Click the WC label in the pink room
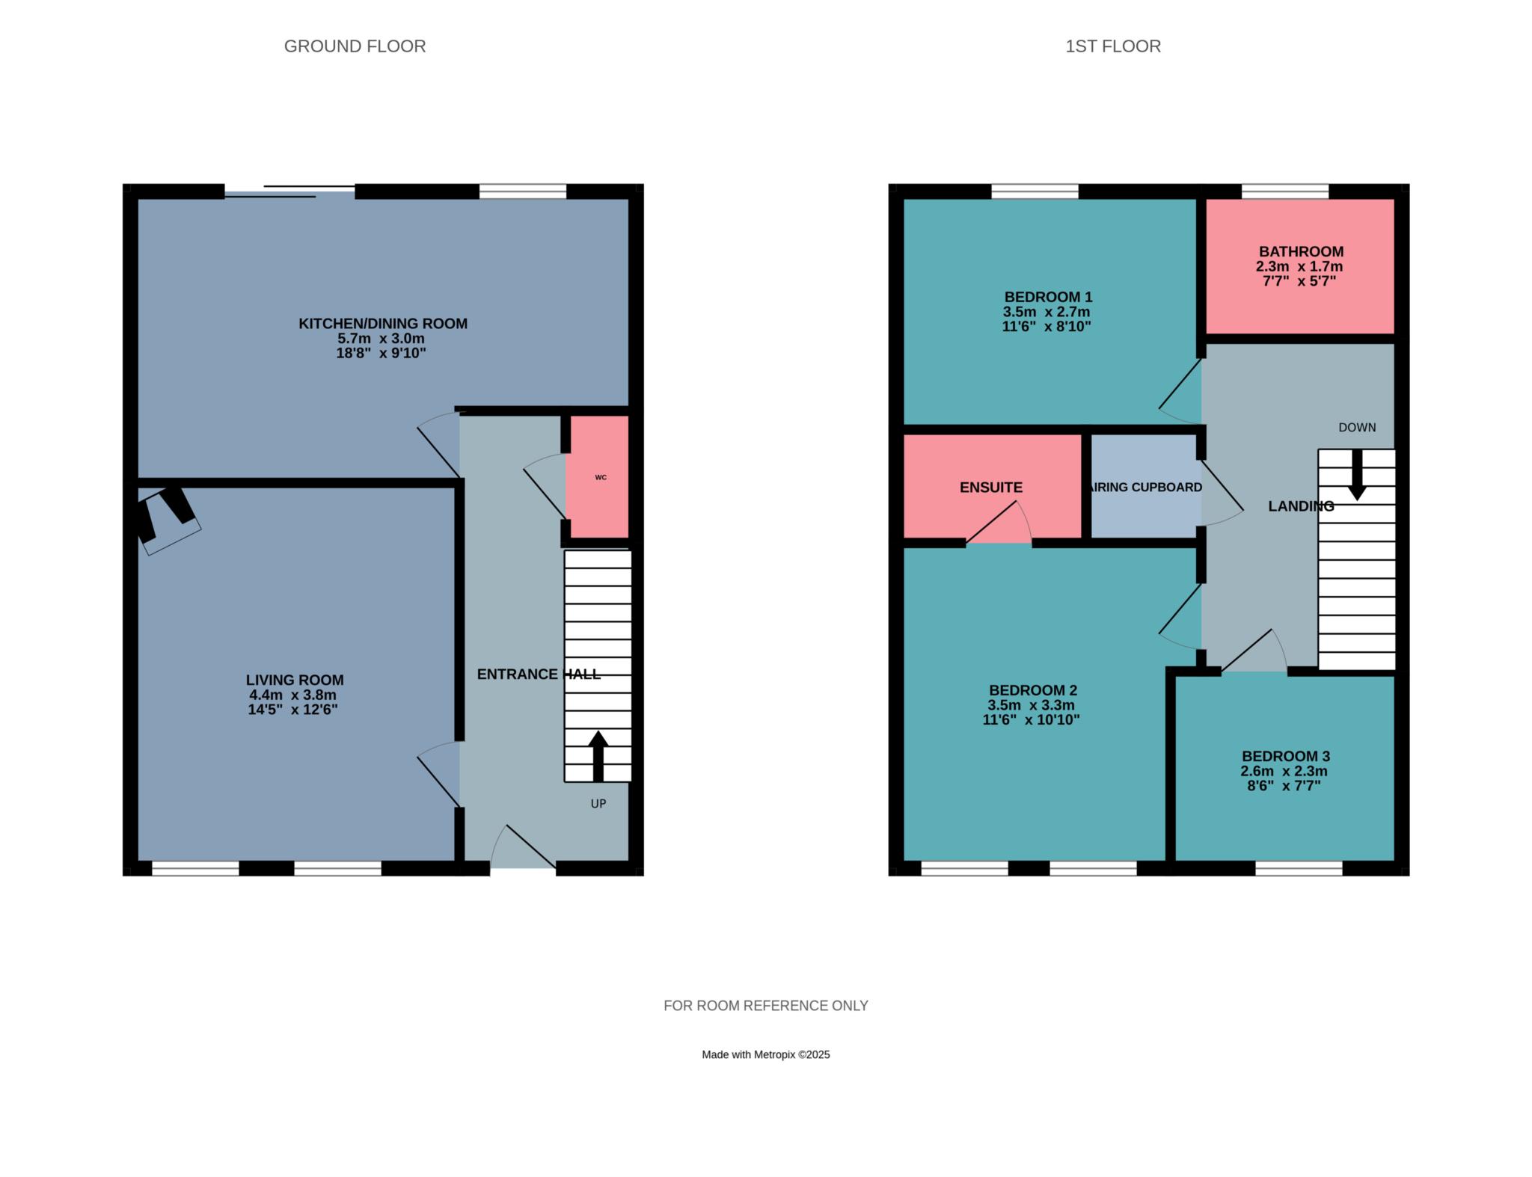click(601, 477)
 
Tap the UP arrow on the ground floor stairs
click(598, 756)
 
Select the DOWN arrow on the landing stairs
click(1357, 475)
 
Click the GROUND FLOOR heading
click(355, 46)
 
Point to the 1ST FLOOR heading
click(1113, 46)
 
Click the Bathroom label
click(1301, 252)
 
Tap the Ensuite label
click(991, 488)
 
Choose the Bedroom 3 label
click(1286, 757)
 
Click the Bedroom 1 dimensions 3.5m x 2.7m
click(1047, 312)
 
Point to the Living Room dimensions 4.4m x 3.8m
click(293, 695)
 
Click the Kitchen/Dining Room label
click(383, 324)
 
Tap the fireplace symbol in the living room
click(167, 520)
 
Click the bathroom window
click(1285, 191)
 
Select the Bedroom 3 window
click(1299, 868)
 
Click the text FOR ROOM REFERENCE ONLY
click(766, 1006)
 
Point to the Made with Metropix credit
click(766, 1055)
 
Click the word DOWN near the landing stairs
click(1357, 428)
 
